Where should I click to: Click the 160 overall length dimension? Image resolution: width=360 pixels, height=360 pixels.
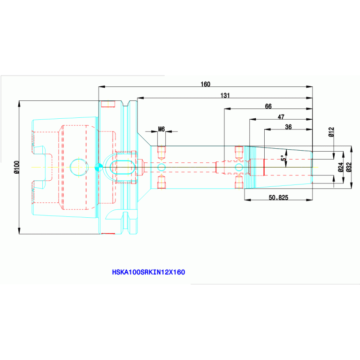(x=205, y=84)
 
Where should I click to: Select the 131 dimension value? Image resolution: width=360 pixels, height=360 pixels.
(x=225, y=95)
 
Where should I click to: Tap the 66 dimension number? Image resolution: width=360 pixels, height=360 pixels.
(x=268, y=106)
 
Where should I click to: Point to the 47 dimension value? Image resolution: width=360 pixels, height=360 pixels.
(x=281, y=117)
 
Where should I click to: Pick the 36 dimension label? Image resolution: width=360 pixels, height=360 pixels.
(x=288, y=127)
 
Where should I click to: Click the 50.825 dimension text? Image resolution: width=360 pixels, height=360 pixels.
(x=278, y=198)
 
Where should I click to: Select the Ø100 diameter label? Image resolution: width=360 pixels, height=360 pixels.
(x=17, y=167)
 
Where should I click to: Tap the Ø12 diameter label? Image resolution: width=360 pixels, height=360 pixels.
(x=331, y=132)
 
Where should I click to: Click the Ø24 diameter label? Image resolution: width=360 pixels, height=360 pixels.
(x=341, y=167)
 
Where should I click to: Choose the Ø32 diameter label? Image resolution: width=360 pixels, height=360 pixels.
(x=349, y=167)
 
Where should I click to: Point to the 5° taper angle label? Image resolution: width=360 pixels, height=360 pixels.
(x=284, y=158)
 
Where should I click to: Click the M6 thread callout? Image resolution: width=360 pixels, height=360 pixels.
(x=161, y=129)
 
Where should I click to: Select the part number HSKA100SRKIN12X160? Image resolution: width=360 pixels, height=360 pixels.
(x=148, y=272)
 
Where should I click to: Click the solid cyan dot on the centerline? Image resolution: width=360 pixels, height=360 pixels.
(x=99, y=167)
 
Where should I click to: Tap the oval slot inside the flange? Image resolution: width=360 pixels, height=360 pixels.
(x=123, y=168)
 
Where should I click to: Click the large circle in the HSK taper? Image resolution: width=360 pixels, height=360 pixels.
(x=79, y=167)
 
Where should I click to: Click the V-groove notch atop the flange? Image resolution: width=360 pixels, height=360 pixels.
(x=125, y=103)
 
